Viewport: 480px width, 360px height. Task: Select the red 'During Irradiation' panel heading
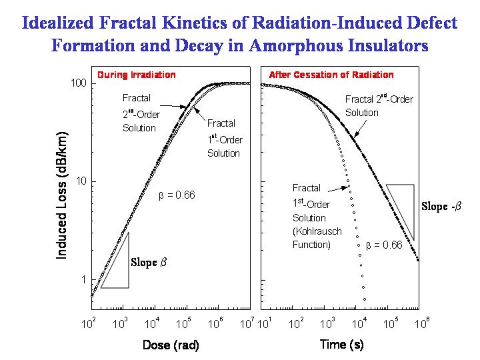[137, 75]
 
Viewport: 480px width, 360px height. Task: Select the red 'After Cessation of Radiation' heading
[331, 75]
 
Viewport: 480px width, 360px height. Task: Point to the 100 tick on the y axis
[79, 83]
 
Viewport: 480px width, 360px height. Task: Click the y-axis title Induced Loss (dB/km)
[61, 195]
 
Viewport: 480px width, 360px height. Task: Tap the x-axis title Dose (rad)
[171, 345]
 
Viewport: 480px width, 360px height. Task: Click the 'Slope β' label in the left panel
[148, 262]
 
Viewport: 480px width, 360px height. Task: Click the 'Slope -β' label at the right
[441, 206]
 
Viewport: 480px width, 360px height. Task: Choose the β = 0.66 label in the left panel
[176, 195]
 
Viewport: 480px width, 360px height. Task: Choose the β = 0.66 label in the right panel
[385, 245]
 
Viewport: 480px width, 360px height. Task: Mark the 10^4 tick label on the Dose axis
[152, 324]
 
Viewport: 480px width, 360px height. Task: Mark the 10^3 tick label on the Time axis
[327, 324]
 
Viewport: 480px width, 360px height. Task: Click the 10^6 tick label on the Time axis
[422, 324]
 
